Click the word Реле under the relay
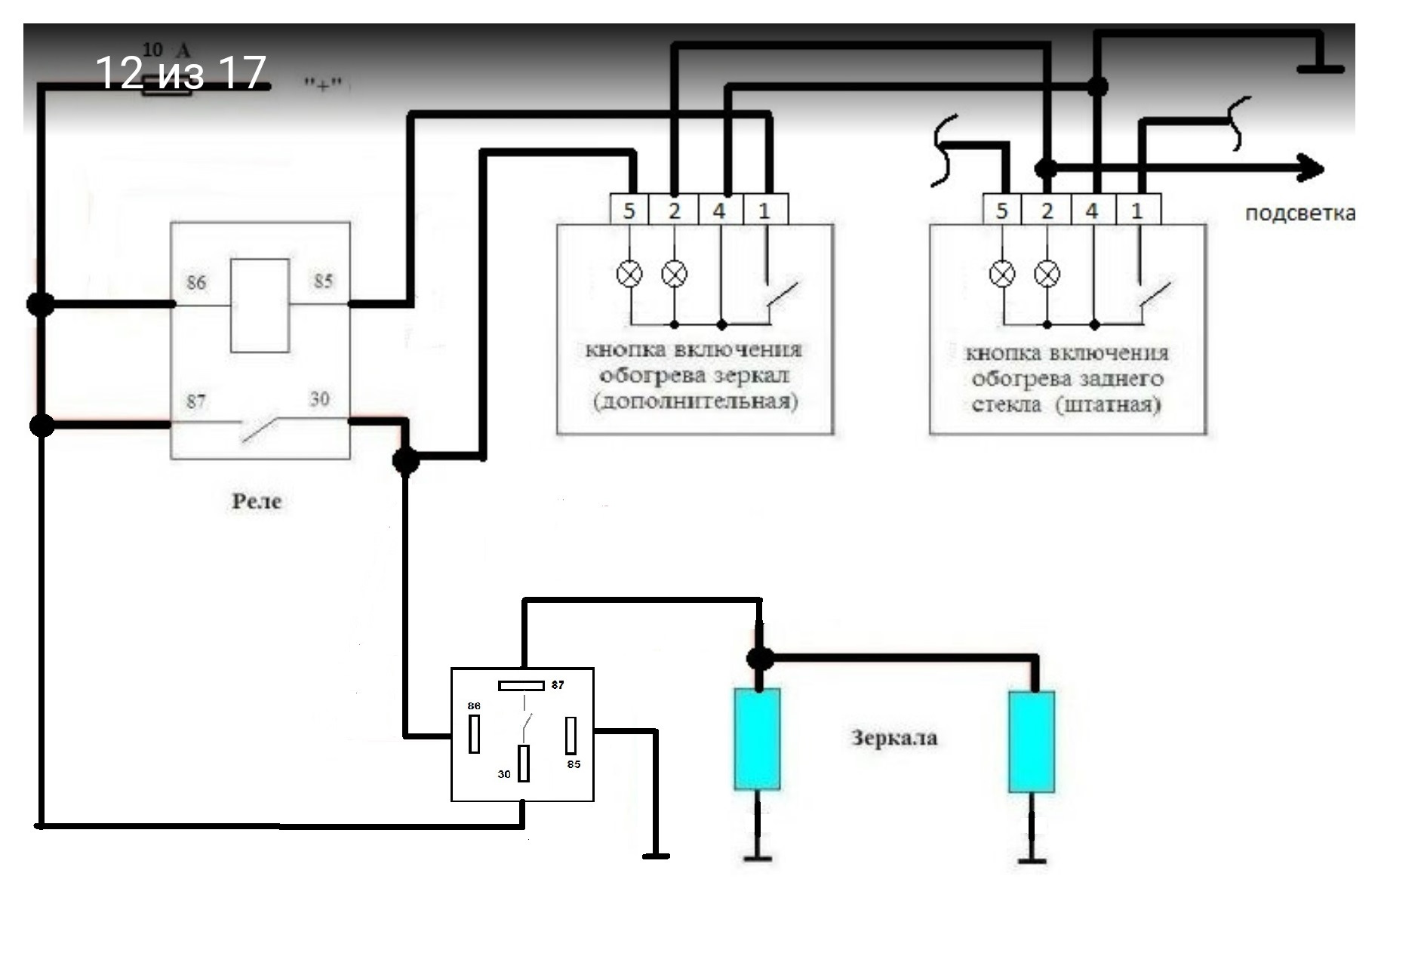click(x=257, y=501)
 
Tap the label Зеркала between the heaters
click(x=894, y=737)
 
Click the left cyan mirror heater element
click(x=757, y=739)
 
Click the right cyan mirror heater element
click(x=1032, y=742)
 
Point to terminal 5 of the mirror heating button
click(x=629, y=210)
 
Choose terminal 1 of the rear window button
click(x=1138, y=210)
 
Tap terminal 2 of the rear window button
click(x=1046, y=210)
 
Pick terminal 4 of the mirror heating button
click(x=720, y=210)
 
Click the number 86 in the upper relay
click(x=196, y=282)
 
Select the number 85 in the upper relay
click(x=323, y=281)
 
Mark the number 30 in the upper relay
click(x=319, y=398)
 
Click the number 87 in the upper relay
click(x=196, y=401)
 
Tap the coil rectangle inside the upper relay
click(x=260, y=306)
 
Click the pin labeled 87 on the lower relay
click(x=521, y=686)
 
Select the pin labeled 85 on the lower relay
click(x=571, y=736)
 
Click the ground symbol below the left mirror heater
click(x=757, y=858)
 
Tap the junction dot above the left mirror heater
click(x=760, y=658)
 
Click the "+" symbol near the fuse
click(x=323, y=83)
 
